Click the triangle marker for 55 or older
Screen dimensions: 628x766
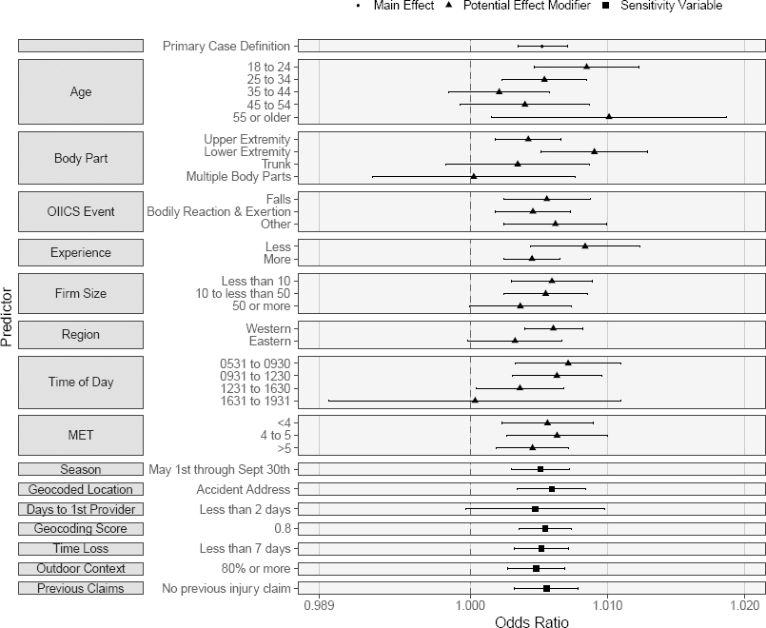[609, 117]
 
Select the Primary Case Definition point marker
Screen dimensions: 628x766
[542, 46]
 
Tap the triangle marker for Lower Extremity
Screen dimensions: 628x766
[595, 151]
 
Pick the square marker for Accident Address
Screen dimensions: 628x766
[552, 489]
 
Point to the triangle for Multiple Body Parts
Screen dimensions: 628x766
[473, 176]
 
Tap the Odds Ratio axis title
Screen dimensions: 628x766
[532, 621]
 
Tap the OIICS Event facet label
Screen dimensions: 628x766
[81, 211]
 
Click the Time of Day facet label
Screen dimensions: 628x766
[81, 383]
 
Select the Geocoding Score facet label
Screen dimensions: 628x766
[81, 528]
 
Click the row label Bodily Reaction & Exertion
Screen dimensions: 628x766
[219, 211]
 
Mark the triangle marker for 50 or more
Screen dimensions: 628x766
[520, 305]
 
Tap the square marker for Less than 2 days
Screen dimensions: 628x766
[535, 509]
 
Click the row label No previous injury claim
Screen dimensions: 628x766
[226, 588]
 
